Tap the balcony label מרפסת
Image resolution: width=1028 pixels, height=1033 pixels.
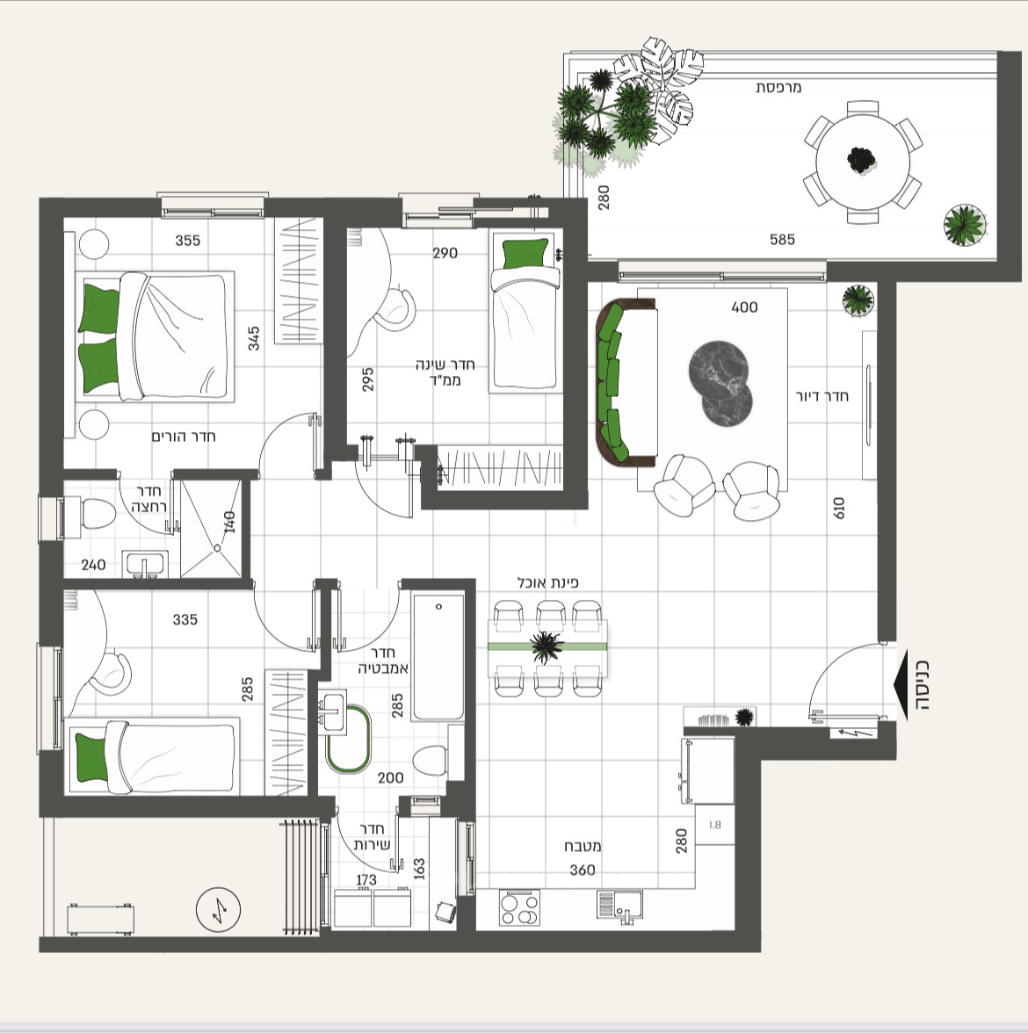[x=778, y=88]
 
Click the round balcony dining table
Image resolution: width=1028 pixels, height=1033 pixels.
[x=862, y=162]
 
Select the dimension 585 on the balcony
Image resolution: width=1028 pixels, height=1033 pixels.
[x=782, y=239]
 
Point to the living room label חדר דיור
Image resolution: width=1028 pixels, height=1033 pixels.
[x=822, y=396]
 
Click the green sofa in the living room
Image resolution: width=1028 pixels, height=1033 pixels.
[x=613, y=382]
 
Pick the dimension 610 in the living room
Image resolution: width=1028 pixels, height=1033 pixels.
[x=839, y=508]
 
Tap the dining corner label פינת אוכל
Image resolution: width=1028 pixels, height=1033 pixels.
[x=547, y=582]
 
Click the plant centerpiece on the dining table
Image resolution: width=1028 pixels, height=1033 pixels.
[x=547, y=647]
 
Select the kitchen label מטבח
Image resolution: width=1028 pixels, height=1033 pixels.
[x=583, y=847]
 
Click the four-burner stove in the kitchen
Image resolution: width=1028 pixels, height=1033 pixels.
[x=519, y=907]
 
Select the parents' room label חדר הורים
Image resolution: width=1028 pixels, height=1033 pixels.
[x=183, y=437]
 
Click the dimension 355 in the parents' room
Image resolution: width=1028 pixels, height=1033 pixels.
[x=187, y=240]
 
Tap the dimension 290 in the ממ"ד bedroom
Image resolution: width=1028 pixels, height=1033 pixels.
[x=445, y=253]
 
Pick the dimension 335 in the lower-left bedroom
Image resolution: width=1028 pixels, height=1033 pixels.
[x=185, y=619]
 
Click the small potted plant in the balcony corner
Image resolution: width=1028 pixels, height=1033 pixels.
[x=964, y=225]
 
